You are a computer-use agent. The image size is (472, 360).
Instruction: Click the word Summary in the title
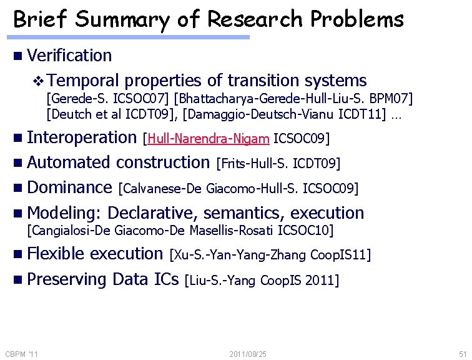(x=121, y=20)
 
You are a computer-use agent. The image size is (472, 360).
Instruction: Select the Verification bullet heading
(x=69, y=56)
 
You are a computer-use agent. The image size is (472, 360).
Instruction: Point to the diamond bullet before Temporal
(x=39, y=81)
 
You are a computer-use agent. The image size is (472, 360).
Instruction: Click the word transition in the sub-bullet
(x=264, y=81)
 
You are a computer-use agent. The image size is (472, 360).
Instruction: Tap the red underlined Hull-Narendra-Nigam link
(x=209, y=138)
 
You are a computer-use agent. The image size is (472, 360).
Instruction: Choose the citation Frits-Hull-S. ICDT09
(x=278, y=164)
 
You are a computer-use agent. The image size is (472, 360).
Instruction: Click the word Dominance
(x=69, y=187)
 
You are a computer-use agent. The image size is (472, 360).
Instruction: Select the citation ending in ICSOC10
(x=180, y=231)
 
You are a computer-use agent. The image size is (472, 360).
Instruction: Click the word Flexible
(x=56, y=253)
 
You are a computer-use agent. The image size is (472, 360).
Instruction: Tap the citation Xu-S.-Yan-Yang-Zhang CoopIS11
(x=270, y=255)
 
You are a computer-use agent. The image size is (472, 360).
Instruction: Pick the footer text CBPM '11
(x=22, y=354)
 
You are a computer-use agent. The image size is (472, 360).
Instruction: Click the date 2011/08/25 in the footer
(x=248, y=354)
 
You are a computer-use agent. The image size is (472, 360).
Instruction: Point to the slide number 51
(x=463, y=354)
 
